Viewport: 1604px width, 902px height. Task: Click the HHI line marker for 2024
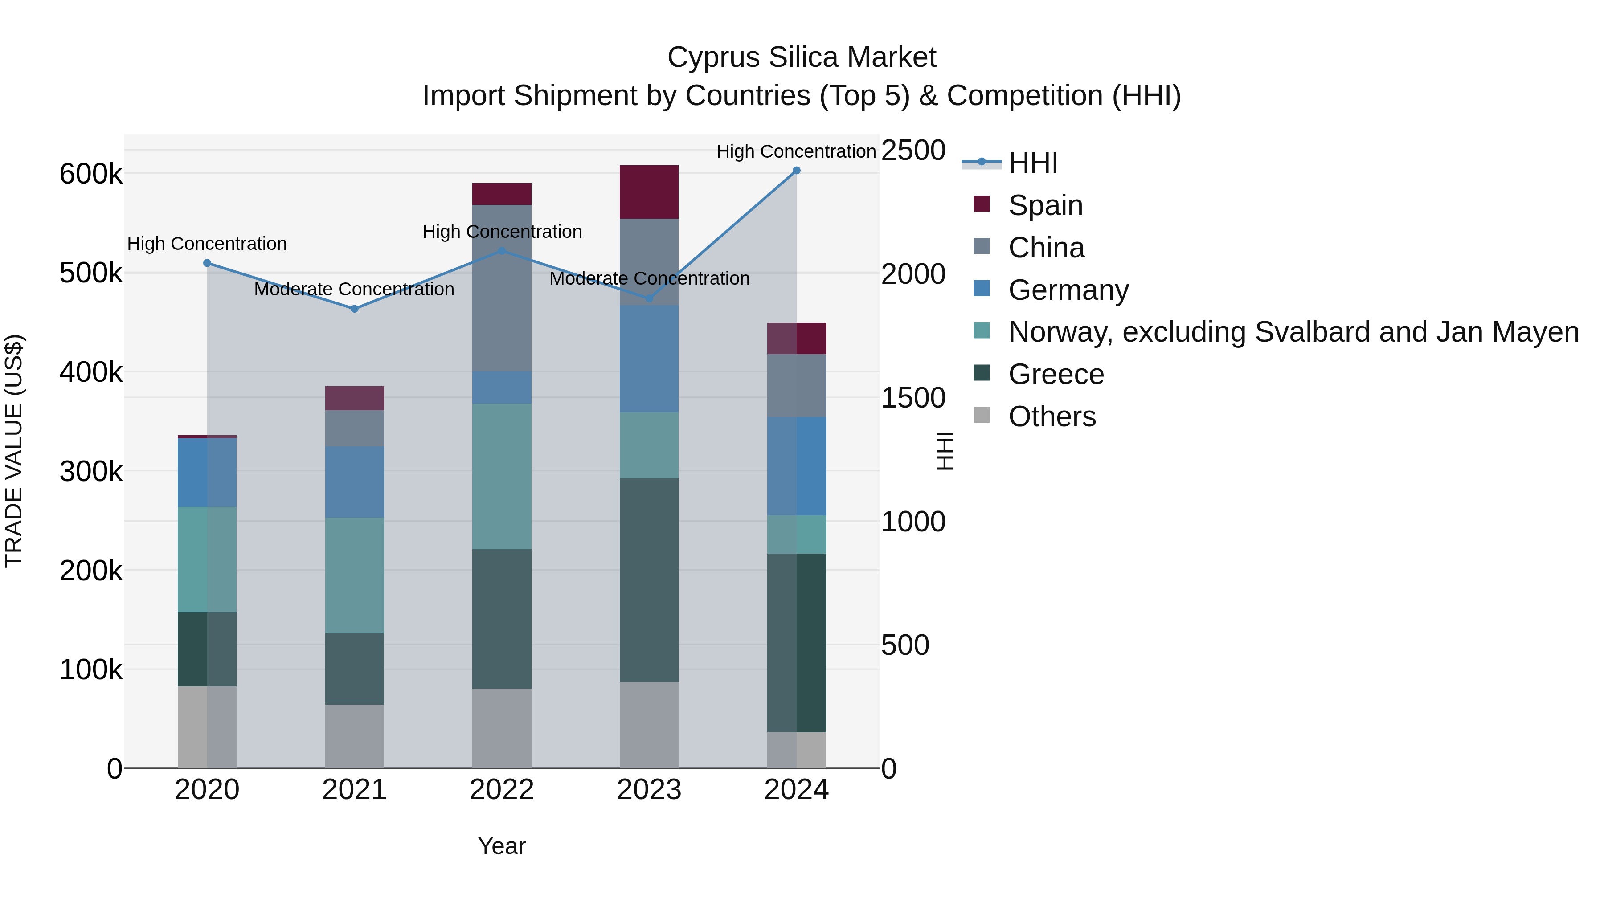796,171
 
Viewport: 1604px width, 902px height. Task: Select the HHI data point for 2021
354,309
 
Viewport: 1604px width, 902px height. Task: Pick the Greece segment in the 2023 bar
649,580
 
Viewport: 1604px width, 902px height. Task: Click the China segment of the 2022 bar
502,288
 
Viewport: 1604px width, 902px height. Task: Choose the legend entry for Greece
1056,374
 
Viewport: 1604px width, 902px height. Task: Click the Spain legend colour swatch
981,204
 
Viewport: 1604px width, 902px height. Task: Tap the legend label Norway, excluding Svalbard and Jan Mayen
1293,332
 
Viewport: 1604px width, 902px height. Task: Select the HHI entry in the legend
1032,163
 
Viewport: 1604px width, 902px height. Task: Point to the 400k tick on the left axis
91,372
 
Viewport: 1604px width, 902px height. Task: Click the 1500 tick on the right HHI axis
913,398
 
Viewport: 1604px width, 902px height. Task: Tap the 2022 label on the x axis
502,790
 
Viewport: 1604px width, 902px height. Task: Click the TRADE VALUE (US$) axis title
14,451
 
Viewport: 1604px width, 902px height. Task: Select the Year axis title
502,846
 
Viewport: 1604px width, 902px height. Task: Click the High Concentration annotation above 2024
796,151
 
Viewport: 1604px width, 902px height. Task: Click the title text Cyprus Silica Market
802,57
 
